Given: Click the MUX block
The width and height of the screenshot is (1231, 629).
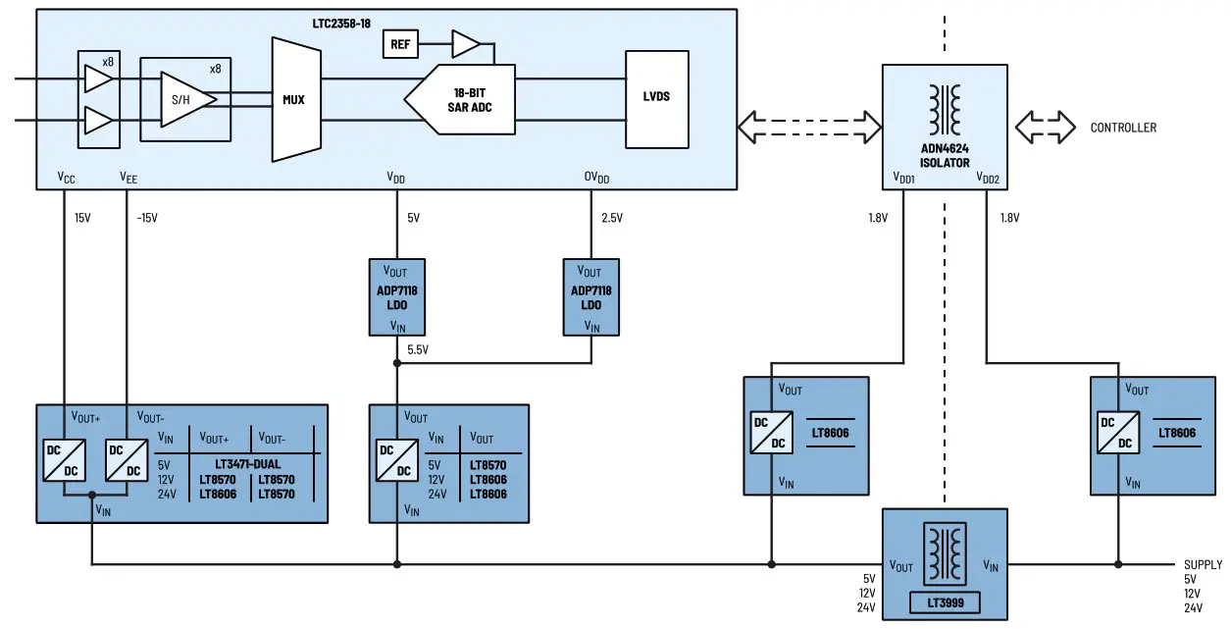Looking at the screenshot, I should (295, 99).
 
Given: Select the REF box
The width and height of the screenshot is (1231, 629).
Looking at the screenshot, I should (400, 44).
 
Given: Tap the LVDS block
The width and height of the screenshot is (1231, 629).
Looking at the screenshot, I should (656, 97).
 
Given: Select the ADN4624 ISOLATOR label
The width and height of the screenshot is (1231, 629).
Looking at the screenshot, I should (944, 156).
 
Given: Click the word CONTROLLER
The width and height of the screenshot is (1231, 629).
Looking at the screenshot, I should (1123, 128).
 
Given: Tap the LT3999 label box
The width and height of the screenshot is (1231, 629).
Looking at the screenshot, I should (945, 602).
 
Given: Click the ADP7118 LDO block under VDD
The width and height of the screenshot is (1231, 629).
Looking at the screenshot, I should (396, 297).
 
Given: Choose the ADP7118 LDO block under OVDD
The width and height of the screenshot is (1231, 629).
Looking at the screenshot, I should (590, 297).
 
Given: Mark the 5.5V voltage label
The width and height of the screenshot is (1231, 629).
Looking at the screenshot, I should (418, 349).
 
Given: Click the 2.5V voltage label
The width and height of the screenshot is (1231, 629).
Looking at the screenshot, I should (612, 218).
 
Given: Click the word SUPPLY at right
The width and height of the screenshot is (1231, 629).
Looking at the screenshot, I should (1203, 564).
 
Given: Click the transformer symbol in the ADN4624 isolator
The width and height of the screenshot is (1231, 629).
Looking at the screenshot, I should (945, 109).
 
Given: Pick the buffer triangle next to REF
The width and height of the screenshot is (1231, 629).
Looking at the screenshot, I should (466, 44).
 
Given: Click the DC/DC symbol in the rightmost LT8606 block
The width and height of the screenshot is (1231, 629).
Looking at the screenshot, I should (1117, 434).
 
